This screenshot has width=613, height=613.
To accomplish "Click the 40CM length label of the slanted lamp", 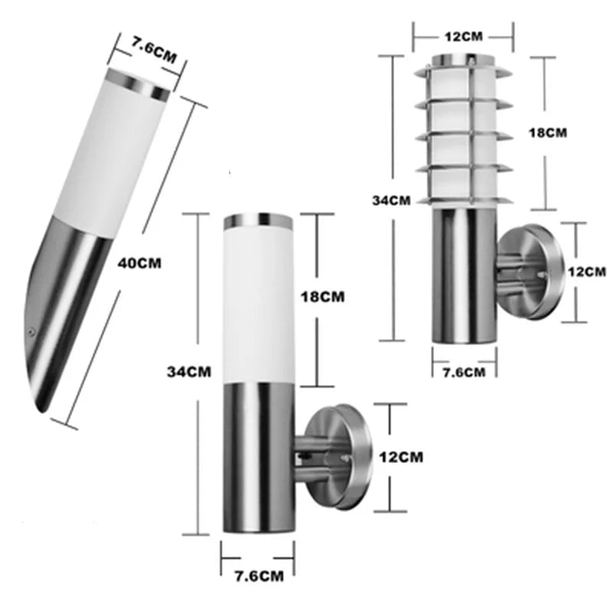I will [x=139, y=262].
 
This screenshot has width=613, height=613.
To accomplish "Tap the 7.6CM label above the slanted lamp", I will [x=149, y=51].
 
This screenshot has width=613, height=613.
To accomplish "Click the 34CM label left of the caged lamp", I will [x=391, y=200].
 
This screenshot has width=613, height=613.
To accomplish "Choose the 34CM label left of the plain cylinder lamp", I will [x=188, y=372].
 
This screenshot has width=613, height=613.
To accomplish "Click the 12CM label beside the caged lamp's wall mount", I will [x=586, y=271].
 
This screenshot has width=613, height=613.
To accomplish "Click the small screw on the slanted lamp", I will [x=31, y=331].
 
